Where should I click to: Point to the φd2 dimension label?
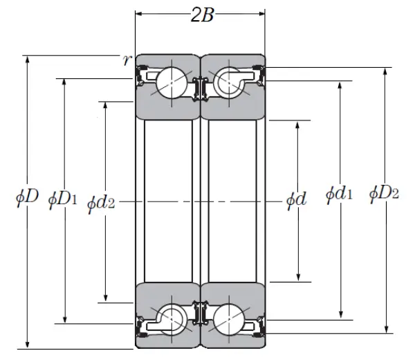[102, 202]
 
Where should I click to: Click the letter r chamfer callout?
[126, 60]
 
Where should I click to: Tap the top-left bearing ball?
[169, 82]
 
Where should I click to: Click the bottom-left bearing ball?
[169, 319]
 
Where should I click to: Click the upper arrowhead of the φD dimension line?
[28, 59]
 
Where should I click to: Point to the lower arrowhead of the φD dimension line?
[28, 344]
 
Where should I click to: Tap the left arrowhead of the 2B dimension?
[139, 13]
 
